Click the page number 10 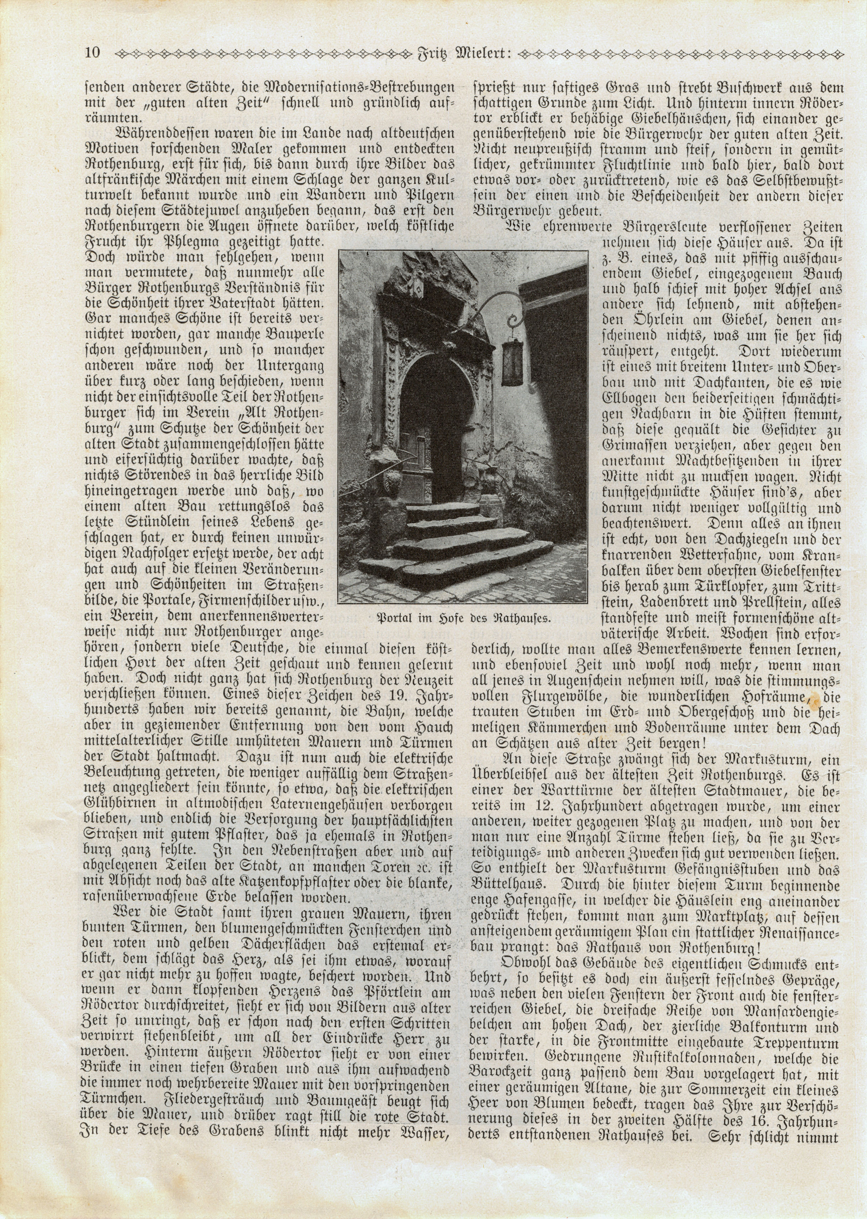(x=92, y=53)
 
